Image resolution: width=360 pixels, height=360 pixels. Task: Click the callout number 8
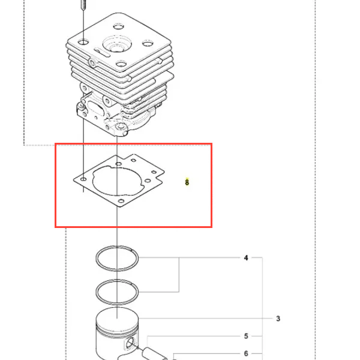pos(187,182)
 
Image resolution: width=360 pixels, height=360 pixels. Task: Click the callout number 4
pos(246,257)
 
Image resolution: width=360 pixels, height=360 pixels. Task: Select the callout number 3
pos(278,319)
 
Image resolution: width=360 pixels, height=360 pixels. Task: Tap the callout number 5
pos(246,336)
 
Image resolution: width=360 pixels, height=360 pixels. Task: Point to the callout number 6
pos(246,353)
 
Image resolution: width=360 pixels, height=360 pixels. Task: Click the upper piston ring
pos(96,258)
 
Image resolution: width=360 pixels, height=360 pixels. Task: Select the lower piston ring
pos(96,292)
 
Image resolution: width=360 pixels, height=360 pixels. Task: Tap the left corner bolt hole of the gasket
pos(83,179)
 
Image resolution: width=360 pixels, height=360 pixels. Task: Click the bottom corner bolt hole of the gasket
pos(121,201)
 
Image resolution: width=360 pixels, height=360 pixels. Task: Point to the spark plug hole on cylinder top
pos(117,44)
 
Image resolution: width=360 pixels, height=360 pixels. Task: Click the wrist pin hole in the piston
pos(131,343)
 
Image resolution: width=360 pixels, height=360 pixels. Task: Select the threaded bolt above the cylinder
pos(83,5)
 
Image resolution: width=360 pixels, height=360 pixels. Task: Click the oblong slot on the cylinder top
pos(102,52)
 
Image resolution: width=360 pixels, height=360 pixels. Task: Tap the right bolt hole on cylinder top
pos(148,43)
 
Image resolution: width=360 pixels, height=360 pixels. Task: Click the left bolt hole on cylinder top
pos(83,42)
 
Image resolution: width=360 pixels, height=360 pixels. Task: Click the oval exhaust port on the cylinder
pos(94,109)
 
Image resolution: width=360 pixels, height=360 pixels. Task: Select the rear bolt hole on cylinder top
pos(118,26)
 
